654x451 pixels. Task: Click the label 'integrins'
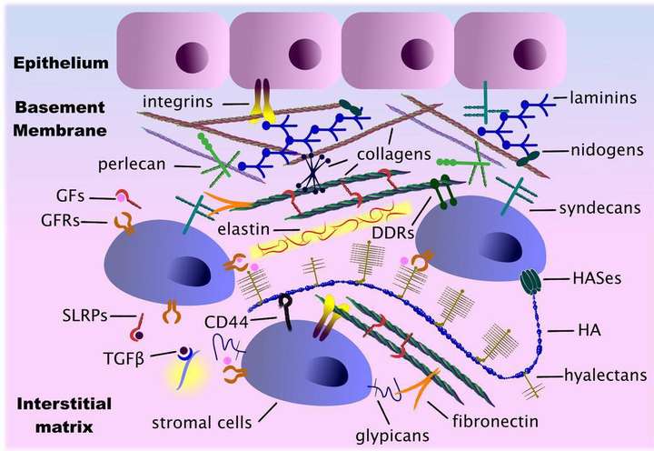(178, 102)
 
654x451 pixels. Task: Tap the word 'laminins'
(603, 97)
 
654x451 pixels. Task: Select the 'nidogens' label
(607, 150)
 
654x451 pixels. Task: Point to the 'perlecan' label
(133, 165)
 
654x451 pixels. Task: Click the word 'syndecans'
(599, 208)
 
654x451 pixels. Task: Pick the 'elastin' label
(243, 229)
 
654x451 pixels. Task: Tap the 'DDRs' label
(393, 233)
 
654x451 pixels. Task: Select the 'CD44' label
(226, 323)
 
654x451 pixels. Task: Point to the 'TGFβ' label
(124, 358)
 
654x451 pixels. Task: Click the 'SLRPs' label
(84, 316)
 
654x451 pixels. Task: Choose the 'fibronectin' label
(495, 421)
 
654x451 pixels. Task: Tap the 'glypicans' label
(392, 436)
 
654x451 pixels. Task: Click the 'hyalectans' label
(605, 375)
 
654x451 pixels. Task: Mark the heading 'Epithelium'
(61, 63)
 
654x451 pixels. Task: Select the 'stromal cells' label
(202, 423)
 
